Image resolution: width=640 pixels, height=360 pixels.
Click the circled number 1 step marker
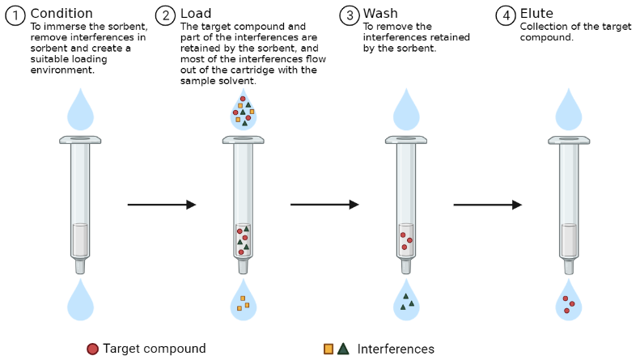pyautogui.click(x=15, y=15)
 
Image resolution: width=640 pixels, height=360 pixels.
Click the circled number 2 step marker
pyautogui.click(x=167, y=15)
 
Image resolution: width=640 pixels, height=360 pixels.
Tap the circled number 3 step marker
pyautogui.click(x=350, y=15)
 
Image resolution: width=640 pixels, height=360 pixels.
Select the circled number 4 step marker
pyautogui.click(x=506, y=15)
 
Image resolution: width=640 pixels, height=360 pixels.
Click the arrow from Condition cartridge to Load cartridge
pyautogui.click(x=162, y=205)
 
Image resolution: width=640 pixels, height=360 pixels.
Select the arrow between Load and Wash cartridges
pyautogui.click(x=324, y=205)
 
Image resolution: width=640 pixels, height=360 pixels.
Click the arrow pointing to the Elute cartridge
pyautogui.click(x=488, y=205)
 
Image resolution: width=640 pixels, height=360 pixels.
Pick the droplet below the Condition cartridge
pyautogui.click(x=80, y=302)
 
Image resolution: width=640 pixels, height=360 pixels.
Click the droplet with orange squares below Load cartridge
pyautogui.click(x=243, y=302)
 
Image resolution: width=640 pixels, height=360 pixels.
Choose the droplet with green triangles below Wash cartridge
pyautogui.click(x=405, y=302)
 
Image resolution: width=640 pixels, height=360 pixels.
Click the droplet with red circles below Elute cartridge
pyautogui.click(x=569, y=303)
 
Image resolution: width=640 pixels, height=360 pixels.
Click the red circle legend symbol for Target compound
pyautogui.click(x=92, y=349)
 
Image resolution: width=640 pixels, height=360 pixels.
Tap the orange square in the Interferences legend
pyautogui.click(x=328, y=349)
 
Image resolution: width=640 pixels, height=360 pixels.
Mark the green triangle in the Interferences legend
pyautogui.click(x=343, y=349)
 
